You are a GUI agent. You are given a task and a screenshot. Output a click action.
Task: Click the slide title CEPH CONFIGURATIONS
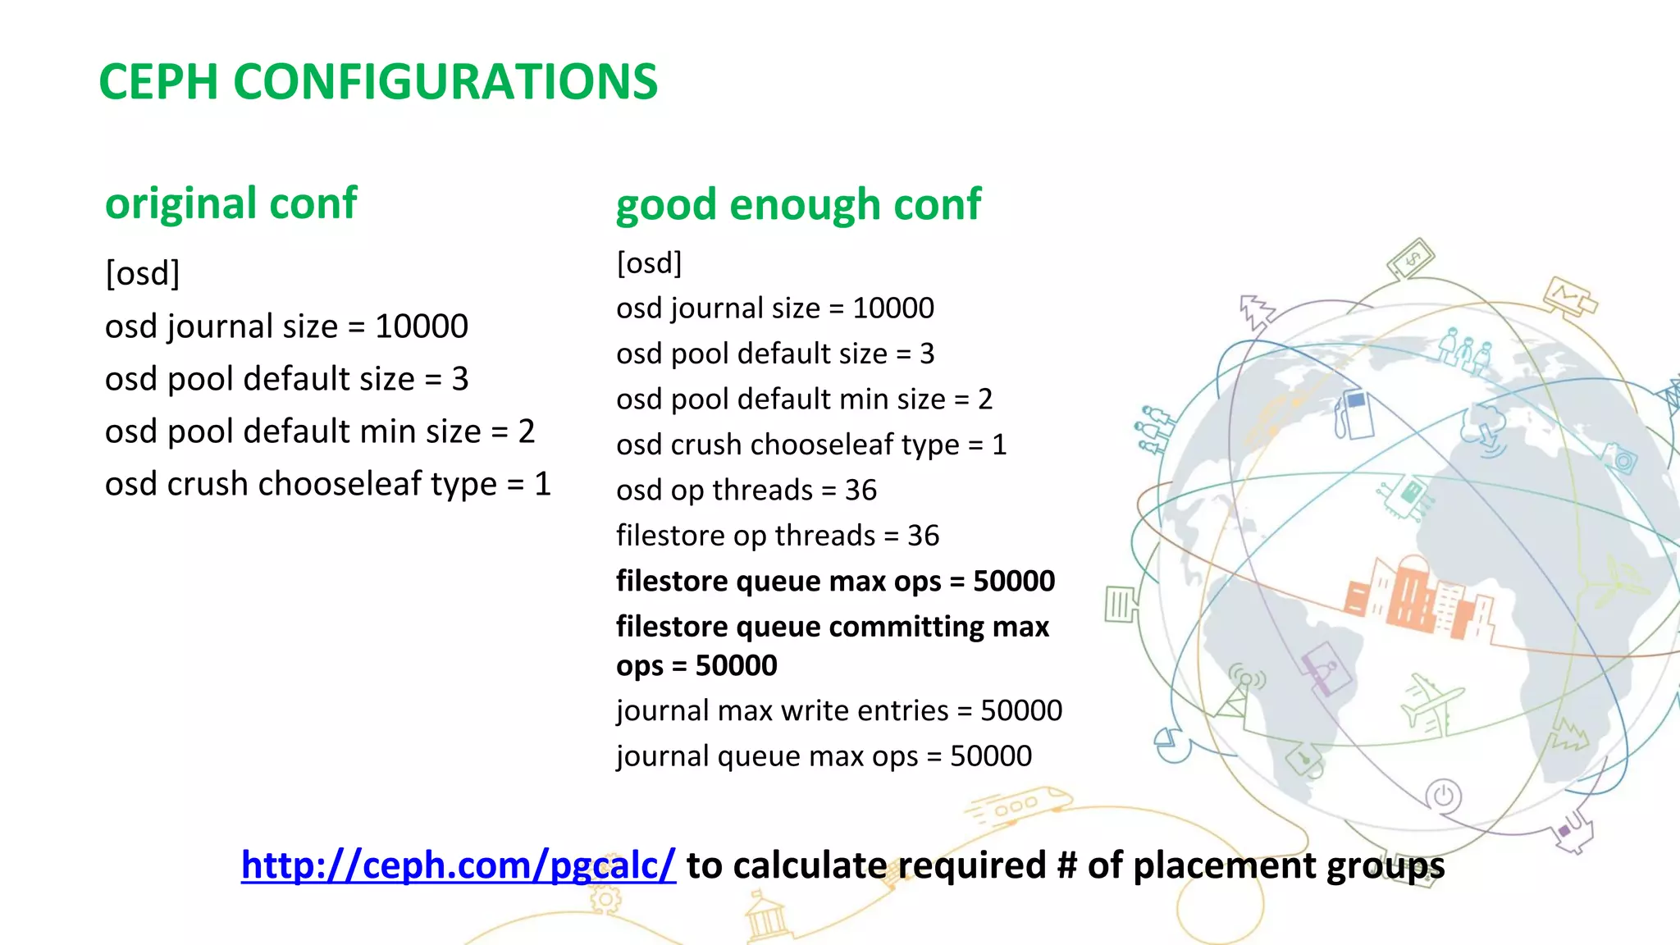(x=378, y=82)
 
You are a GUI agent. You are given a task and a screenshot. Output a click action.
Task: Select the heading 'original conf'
(x=231, y=203)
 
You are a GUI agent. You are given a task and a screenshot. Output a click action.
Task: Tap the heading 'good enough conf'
(x=798, y=204)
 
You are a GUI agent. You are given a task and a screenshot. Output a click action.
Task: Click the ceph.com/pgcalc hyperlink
(x=458, y=865)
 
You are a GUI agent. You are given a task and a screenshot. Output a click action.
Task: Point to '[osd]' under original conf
(x=143, y=273)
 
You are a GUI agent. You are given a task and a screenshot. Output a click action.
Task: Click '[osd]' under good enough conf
(x=649, y=263)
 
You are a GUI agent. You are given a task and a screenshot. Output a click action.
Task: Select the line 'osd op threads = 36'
(x=746, y=490)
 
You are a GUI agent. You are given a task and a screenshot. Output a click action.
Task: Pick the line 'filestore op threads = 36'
(x=778, y=536)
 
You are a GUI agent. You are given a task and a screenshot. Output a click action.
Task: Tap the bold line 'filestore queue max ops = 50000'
(x=835, y=581)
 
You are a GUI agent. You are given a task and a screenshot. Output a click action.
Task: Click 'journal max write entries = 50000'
(x=839, y=710)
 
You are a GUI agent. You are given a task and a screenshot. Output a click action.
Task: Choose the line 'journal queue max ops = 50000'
(x=824, y=756)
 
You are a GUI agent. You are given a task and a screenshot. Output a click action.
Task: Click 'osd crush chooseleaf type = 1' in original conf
(x=327, y=484)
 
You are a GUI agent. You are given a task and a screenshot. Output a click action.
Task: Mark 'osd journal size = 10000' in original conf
(x=286, y=326)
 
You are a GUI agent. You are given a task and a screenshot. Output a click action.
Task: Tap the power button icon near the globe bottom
(x=1444, y=796)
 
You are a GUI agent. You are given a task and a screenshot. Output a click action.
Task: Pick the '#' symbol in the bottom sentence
(x=1066, y=865)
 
